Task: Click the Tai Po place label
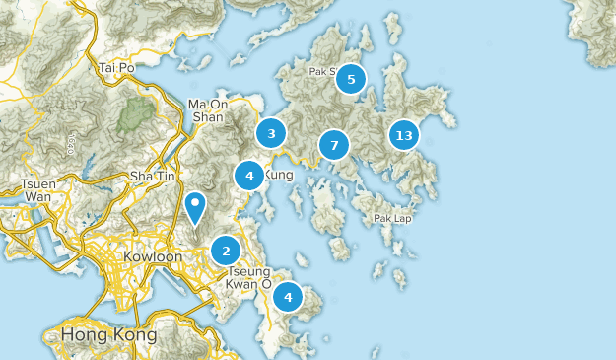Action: click(x=116, y=68)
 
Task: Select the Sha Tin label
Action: click(x=152, y=176)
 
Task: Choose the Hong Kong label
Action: click(x=108, y=335)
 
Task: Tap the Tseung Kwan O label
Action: click(x=249, y=277)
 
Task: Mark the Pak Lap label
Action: click(x=393, y=218)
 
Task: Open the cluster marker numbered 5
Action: click(x=351, y=78)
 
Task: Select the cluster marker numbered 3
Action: click(x=271, y=132)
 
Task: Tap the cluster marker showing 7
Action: click(x=334, y=146)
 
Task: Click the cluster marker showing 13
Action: click(x=402, y=134)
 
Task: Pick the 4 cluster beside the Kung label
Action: click(x=249, y=176)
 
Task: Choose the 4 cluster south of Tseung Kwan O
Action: click(x=288, y=296)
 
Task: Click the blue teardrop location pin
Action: click(x=196, y=206)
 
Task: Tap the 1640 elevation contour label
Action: click(x=71, y=143)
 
